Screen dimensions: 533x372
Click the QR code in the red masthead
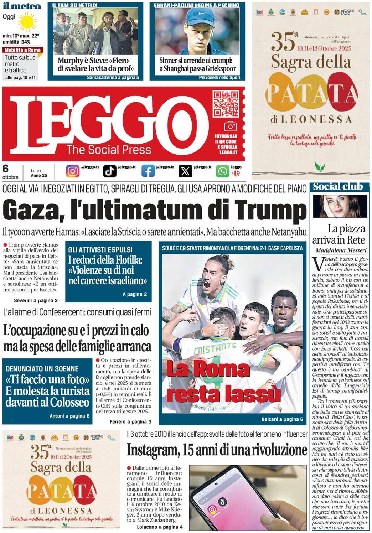(x=226, y=104)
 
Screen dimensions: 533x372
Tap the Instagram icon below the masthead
(x=73, y=171)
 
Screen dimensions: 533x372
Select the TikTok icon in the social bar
(x=110, y=171)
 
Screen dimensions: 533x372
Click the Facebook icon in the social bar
(x=148, y=171)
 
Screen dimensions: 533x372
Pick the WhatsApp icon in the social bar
(x=223, y=171)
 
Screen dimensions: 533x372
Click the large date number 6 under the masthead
(x=6, y=169)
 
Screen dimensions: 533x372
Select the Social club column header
(x=338, y=186)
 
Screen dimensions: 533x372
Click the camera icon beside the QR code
(x=230, y=126)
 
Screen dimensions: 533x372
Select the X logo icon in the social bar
(x=185, y=171)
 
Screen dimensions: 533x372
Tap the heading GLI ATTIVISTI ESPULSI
(x=100, y=250)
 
